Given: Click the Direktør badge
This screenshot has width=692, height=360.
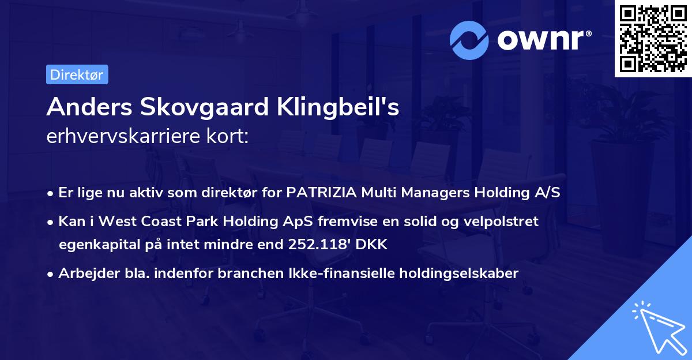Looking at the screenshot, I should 77,74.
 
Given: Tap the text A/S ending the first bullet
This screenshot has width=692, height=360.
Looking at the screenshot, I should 547,193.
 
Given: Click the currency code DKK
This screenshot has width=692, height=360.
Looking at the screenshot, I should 371,245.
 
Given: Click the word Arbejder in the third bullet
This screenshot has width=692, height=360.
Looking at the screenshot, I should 84,273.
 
